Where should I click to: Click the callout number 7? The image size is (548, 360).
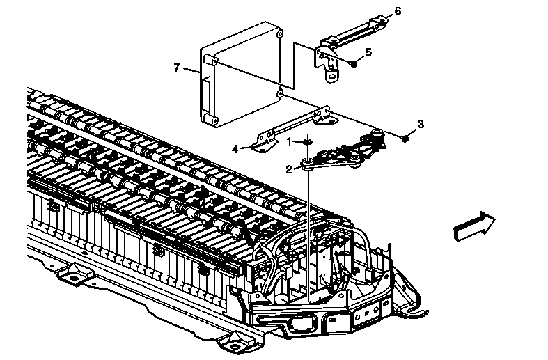click(x=178, y=68)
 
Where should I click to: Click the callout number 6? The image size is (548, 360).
click(x=398, y=11)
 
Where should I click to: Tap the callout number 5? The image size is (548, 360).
click(x=368, y=52)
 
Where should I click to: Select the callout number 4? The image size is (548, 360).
click(x=235, y=148)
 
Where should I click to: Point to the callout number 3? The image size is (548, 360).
click(x=420, y=124)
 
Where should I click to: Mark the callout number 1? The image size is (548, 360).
click(x=290, y=141)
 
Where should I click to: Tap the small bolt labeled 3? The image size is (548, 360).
click(x=406, y=139)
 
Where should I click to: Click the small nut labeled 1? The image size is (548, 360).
click(x=307, y=143)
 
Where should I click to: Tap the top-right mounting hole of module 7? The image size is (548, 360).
click(x=279, y=33)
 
